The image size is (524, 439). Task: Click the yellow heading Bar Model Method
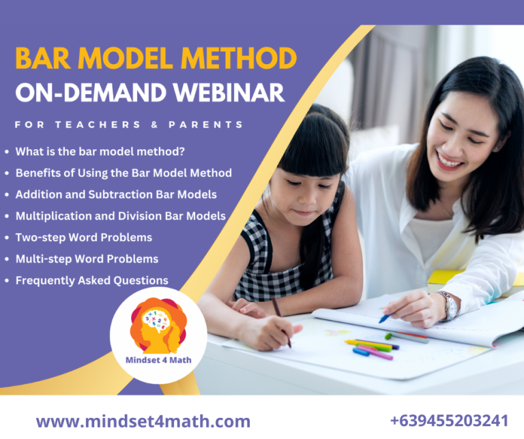156,59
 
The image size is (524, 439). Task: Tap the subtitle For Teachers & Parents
129,125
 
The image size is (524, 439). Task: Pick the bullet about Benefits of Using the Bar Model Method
123,173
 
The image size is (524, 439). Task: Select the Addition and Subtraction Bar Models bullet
116,194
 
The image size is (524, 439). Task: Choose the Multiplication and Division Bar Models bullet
120,216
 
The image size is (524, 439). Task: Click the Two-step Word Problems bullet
84,237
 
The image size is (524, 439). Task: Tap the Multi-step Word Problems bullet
87,259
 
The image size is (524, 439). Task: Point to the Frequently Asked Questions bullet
91,280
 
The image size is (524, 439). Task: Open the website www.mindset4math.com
143,421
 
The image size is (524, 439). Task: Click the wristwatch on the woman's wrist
448,305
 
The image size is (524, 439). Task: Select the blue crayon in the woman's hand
384,317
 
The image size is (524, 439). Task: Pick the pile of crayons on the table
372,348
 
